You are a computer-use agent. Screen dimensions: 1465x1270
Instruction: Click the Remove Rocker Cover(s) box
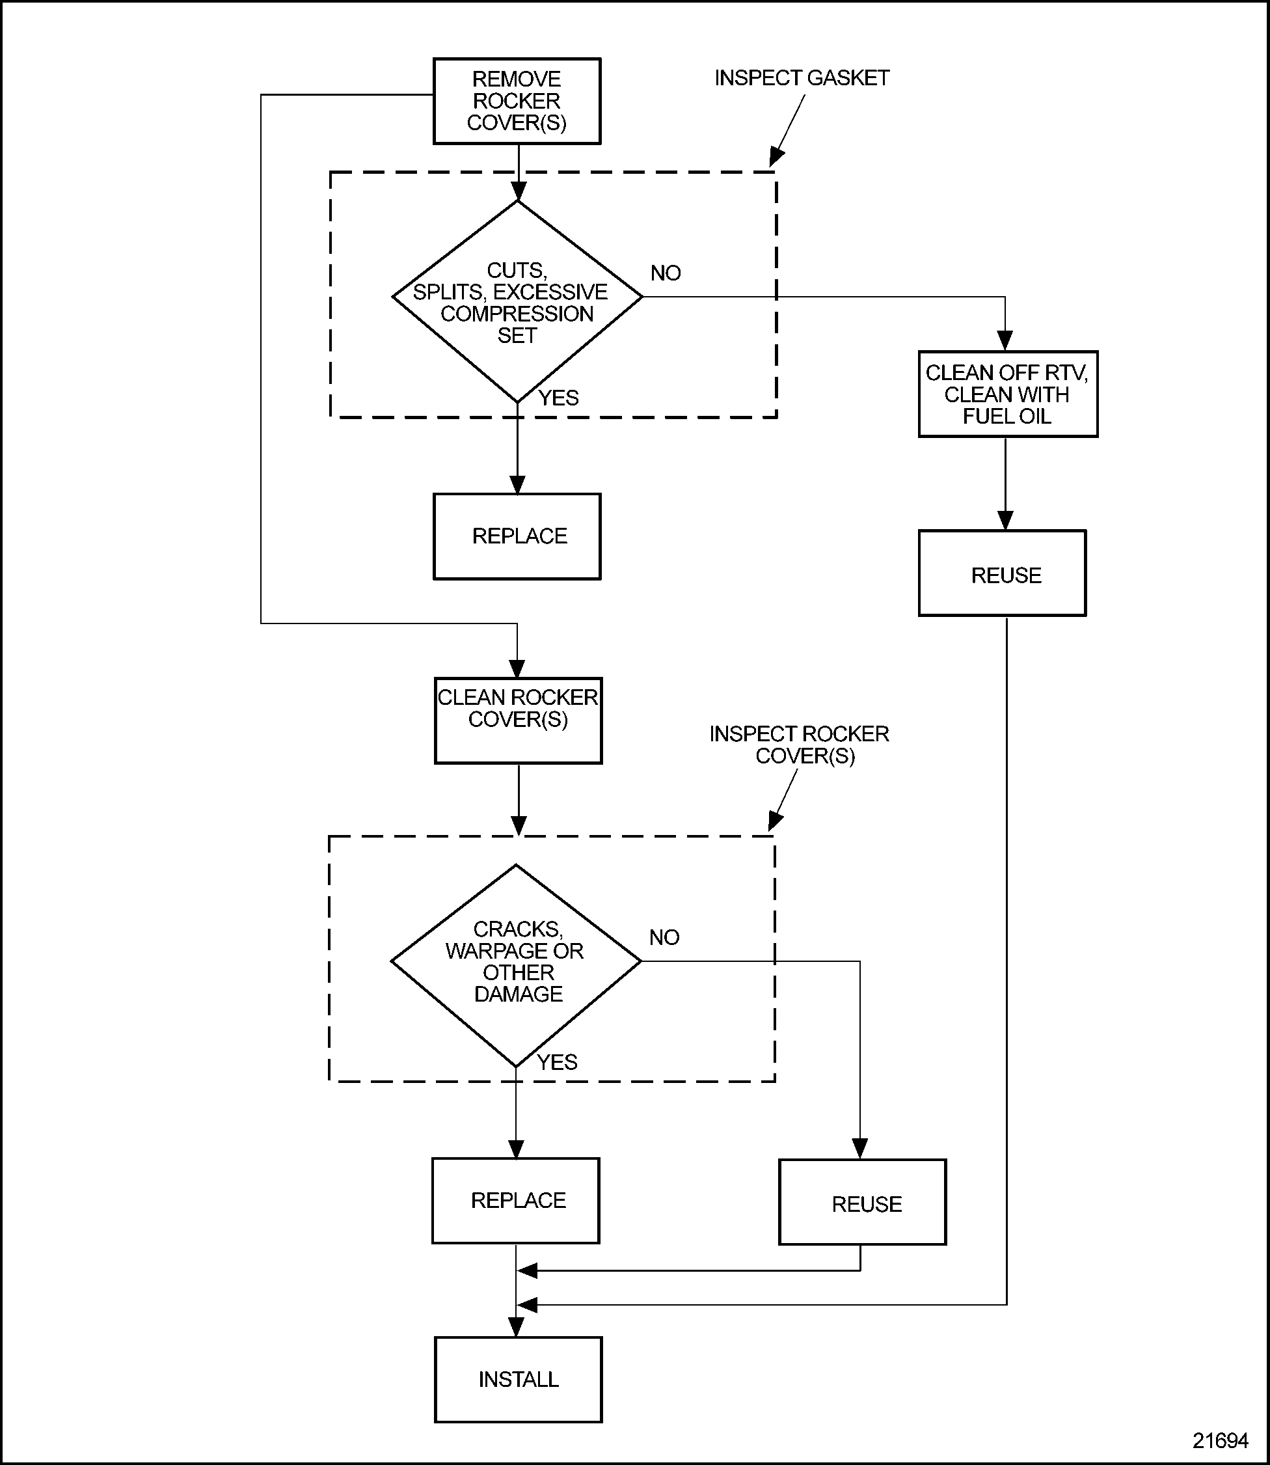[517, 102]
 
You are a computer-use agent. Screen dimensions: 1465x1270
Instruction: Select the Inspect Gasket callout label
[802, 78]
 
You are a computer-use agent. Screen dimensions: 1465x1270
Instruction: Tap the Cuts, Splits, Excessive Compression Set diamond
[517, 302]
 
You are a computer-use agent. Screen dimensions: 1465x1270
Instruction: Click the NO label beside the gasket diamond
[666, 273]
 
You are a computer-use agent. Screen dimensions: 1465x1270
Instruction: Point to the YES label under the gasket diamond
[558, 398]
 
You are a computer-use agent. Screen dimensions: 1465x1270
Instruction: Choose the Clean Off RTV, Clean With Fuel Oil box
[1007, 394]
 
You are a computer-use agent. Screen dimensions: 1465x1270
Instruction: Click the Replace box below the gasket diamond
[517, 536]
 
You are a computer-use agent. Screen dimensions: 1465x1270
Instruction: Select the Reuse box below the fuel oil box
[1002, 573]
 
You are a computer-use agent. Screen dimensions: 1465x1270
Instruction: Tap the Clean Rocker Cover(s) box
[517, 720]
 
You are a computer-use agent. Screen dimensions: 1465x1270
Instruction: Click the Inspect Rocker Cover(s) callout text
[800, 744]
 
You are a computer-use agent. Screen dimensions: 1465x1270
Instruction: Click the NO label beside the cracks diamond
[664, 938]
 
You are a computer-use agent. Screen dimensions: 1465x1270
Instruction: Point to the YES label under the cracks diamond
[557, 1062]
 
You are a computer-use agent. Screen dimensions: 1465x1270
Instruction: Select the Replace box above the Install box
[515, 1201]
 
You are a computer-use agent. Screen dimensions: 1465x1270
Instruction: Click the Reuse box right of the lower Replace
[862, 1203]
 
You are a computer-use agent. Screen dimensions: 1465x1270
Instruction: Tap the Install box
[517, 1379]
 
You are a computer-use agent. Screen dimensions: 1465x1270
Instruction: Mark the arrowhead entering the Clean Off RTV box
[1005, 341]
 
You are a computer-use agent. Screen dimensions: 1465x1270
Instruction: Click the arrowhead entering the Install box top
[517, 1327]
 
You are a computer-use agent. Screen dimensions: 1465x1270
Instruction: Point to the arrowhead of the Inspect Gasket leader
[776, 158]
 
